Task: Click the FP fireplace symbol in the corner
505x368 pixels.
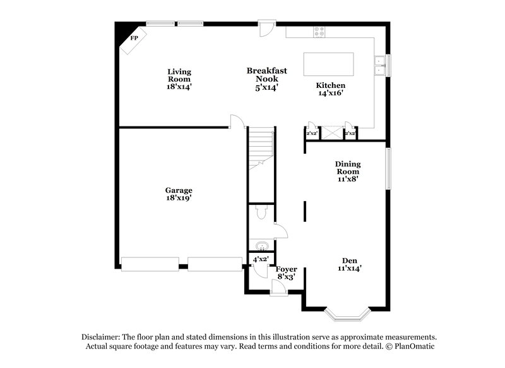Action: [133, 39]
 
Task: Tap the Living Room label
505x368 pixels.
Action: [179, 79]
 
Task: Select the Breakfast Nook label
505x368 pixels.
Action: [267, 79]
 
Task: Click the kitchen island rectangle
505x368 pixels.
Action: [328, 64]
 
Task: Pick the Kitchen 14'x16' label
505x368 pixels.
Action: [331, 89]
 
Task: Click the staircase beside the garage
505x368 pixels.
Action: [260, 149]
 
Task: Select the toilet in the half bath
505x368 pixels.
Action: [261, 215]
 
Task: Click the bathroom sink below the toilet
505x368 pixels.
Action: [261, 245]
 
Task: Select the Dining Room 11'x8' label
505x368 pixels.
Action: [347, 171]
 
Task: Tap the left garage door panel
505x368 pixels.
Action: [150, 264]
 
